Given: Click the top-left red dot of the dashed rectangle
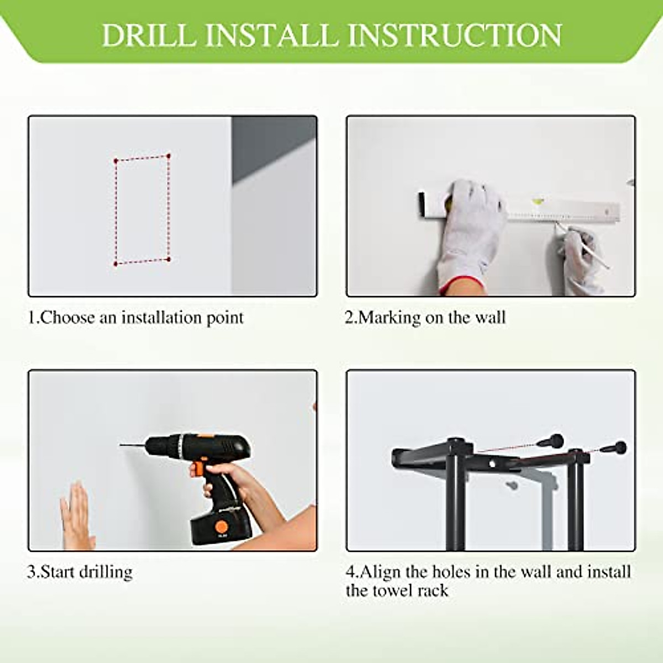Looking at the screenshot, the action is click(x=116, y=161).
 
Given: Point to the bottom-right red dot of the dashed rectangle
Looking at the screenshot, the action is click(x=169, y=259).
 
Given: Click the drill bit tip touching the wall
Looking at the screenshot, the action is click(x=121, y=445).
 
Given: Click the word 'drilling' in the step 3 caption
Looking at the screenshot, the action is click(x=106, y=572).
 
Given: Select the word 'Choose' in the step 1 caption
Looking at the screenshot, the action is click(x=68, y=318).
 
